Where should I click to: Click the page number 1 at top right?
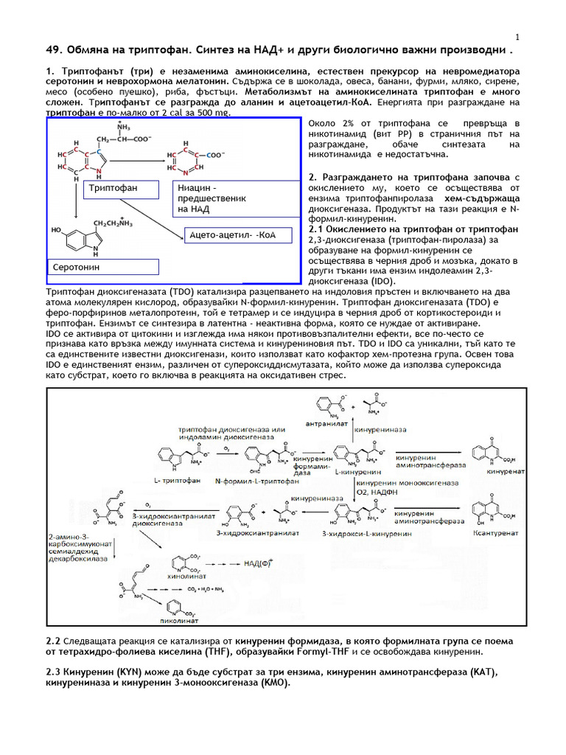point(517,38)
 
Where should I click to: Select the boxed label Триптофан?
point(113,189)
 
